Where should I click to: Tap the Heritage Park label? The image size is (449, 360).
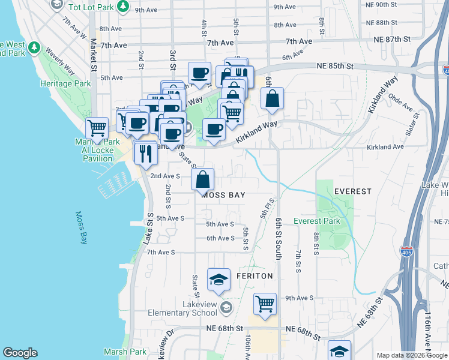point(65,83)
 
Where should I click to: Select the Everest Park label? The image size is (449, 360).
point(316,221)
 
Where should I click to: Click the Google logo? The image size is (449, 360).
point(20,353)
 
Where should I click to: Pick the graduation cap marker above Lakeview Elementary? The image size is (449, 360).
point(218,279)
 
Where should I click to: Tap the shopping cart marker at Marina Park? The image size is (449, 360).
point(96,128)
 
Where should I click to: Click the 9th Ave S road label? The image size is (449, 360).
point(300,298)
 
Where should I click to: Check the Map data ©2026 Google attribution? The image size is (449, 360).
point(411,355)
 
